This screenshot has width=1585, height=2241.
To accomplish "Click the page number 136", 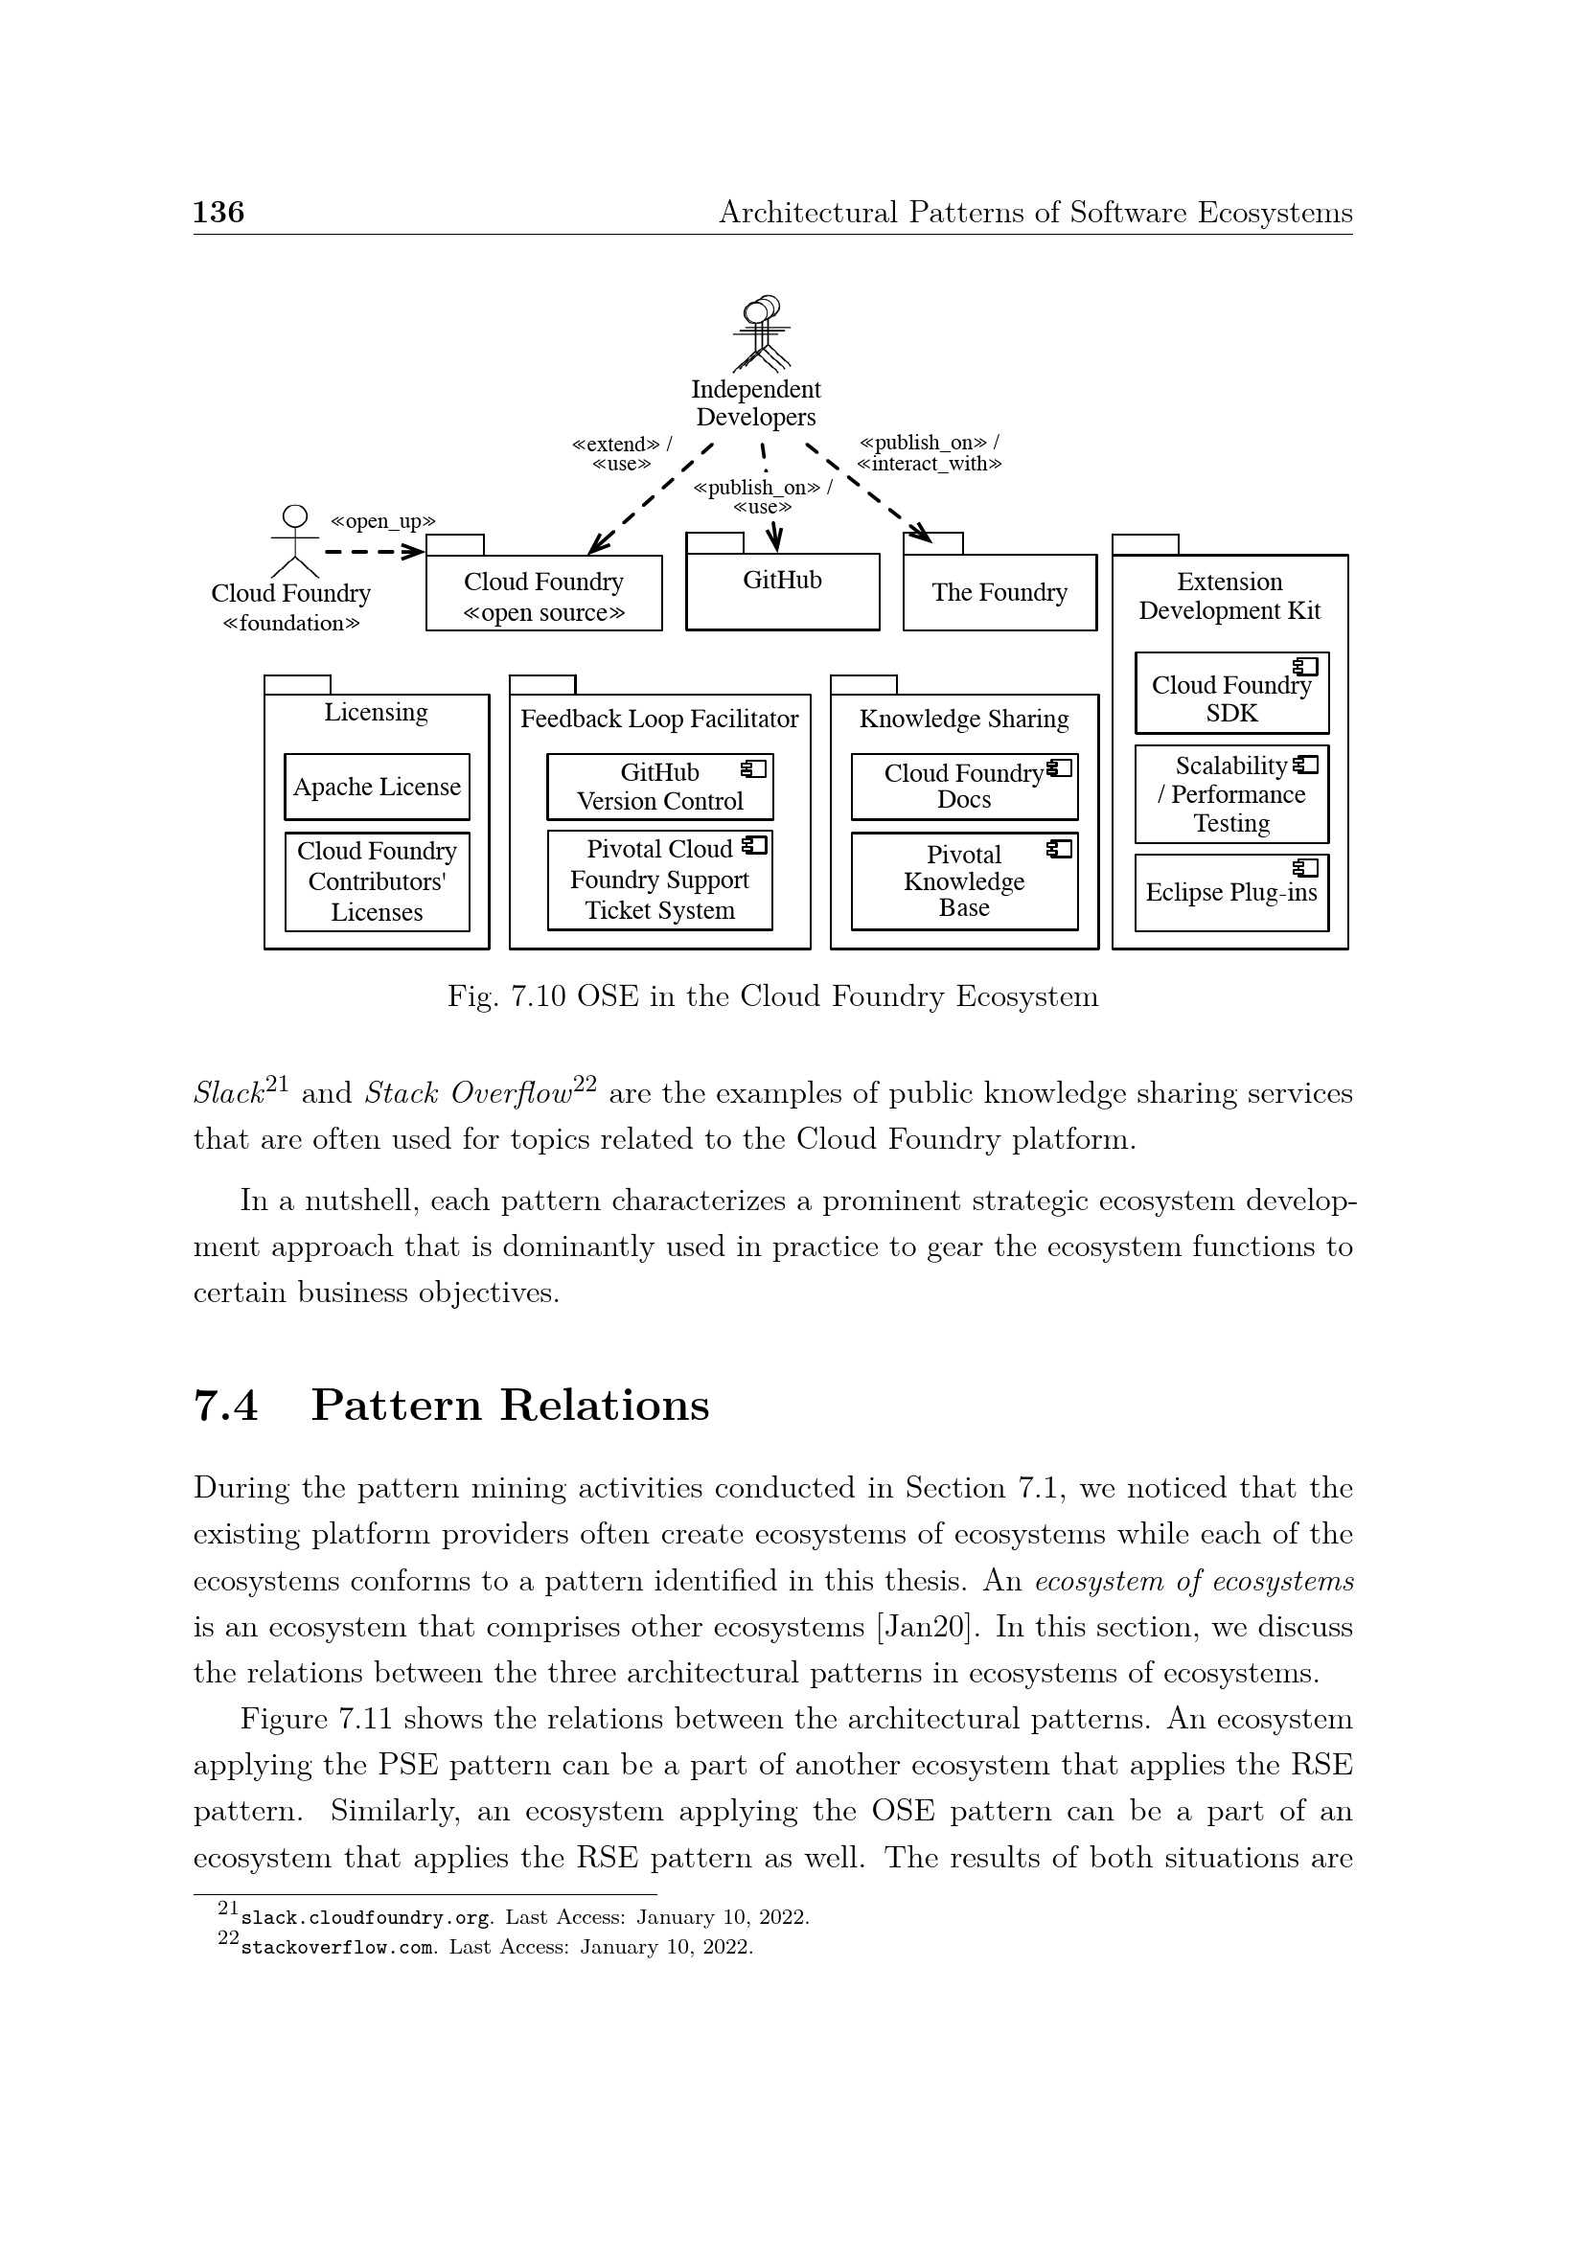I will pos(218,212).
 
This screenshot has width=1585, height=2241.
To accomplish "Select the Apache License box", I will pos(377,787).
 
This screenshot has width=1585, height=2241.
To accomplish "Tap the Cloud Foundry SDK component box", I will pos(1231,694).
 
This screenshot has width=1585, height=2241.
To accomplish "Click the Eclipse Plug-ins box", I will pos(1231,892).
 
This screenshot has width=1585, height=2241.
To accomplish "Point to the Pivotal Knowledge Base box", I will pos(964,881).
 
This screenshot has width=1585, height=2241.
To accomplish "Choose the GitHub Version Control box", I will pos(659,787).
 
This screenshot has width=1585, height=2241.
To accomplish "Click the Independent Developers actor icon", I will pos(761,334).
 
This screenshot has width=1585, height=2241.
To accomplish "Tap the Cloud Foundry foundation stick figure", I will pos(294,541).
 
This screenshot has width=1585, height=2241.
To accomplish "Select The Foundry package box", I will pos(999,591).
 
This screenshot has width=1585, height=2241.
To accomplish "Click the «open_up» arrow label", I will pos(382,521).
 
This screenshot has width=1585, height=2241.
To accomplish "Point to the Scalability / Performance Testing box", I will pos(1231,794).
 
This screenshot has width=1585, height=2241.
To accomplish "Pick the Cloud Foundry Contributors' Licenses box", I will pos(377,881).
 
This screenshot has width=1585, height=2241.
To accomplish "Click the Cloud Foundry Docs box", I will pos(964,787).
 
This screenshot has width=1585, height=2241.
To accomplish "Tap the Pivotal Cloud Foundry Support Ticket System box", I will pos(659,880).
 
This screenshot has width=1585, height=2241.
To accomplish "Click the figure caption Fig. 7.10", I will pos(772,996).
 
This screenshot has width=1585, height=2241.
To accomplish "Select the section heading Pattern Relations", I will pos(510,1406).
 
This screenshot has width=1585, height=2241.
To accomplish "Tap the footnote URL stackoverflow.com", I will pos(337,1947).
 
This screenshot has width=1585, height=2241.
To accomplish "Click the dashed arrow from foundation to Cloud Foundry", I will pos(374,553).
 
